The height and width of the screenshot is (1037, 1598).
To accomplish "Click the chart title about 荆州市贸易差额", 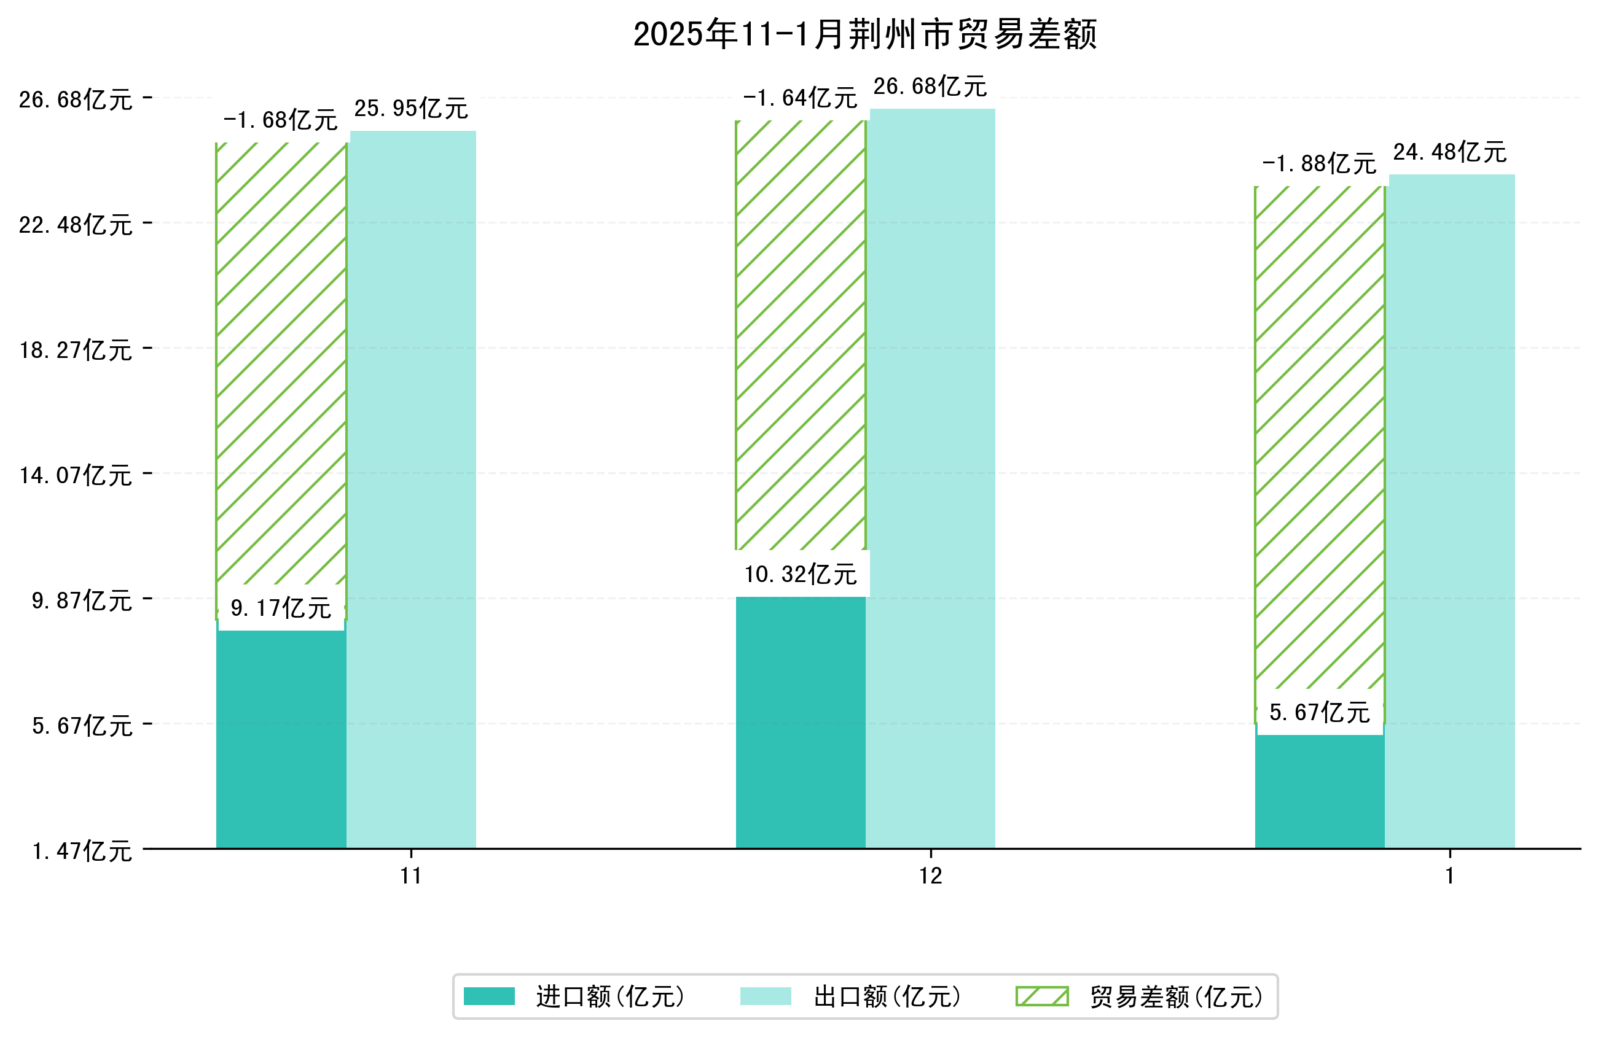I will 865,34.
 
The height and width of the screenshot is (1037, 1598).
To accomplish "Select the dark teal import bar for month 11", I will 281,739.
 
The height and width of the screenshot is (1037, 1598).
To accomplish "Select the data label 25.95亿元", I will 411,108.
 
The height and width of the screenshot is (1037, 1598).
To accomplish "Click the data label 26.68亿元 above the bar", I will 930,86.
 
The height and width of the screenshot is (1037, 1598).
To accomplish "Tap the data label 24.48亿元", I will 1449,152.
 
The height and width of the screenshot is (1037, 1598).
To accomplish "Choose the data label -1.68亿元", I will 280,120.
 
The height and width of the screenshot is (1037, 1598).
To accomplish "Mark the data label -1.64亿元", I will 800,98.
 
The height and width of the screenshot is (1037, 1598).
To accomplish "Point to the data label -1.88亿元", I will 1318,164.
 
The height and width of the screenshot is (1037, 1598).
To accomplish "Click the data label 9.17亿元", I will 281,608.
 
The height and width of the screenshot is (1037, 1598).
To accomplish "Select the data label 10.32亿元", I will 801,574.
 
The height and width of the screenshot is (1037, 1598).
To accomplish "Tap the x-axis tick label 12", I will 931,876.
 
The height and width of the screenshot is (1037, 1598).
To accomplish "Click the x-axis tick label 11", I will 411,876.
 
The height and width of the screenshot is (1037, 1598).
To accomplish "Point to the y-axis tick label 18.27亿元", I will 75,350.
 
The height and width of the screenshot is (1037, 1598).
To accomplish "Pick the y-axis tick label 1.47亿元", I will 82,851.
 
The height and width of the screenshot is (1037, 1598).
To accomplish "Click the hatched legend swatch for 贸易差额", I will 1041,996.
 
